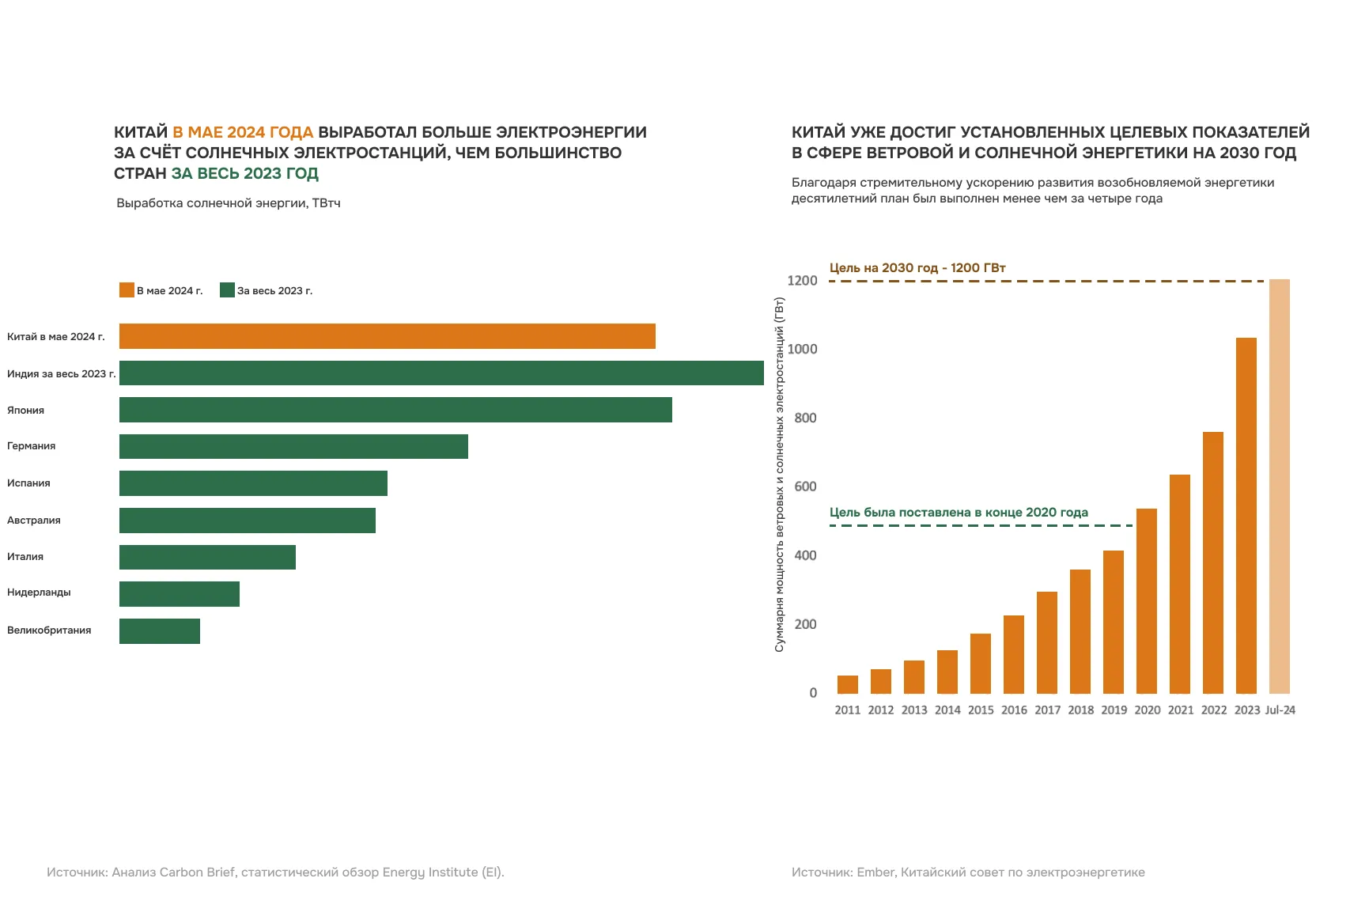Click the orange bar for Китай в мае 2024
(x=388, y=336)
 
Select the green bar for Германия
(x=293, y=446)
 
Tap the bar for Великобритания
(x=160, y=631)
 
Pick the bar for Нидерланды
(x=180, y=594)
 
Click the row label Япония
(x=26, y=411)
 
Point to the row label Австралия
(x=34, y=521)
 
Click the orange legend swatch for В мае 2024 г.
(x=127, y=290)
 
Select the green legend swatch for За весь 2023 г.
(x=227, y=290)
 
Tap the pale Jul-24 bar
(x=1279, y=486)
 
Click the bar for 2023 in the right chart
(x=1246, y=516)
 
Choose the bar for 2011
(x=847, y=685)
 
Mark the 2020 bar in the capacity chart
(x=1146, y=601)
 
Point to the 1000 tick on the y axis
(x=802, y=350)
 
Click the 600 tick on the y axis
(x=805, y=487)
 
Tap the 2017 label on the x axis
(x=1047, y=710)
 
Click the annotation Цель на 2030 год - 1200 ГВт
(x=917, y=268)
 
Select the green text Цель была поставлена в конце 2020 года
(x=959, y=513)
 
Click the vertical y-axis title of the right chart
(x=780, y=475)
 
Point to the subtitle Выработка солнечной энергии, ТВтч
(x=229, y=203)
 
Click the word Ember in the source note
(x=875, y=873)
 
